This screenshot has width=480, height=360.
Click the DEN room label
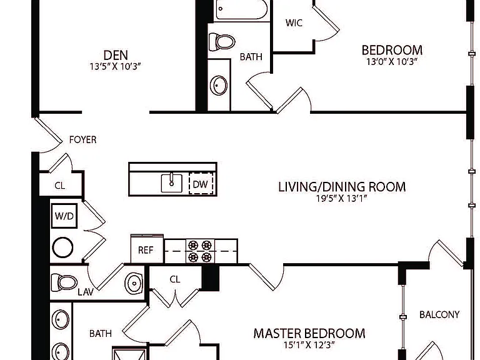(116, 56)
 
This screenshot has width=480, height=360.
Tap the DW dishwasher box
(201, 184)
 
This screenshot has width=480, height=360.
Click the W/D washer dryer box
(64, 216)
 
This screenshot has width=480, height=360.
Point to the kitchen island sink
(172, 183)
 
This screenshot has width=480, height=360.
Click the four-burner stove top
(200, 251)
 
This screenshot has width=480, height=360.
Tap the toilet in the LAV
(64, 282)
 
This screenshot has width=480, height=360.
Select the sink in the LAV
(134, 283)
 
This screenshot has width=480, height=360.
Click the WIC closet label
(294, 22)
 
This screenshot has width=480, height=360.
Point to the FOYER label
(82, 139)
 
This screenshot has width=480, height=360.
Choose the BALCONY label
(439, 314)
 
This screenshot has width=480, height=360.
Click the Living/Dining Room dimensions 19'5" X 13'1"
(342, 198)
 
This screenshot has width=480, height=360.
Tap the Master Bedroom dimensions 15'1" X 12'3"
(309, 345)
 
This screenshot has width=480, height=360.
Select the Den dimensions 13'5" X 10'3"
(116, 66)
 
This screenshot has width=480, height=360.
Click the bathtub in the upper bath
(242, 9)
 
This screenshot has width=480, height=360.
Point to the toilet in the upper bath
(222, 42)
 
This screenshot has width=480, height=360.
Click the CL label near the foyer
(60, 186)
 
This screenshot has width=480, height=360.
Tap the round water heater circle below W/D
(62, 247)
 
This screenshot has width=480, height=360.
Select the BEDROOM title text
(392, 50)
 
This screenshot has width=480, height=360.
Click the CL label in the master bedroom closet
(175, 279)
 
